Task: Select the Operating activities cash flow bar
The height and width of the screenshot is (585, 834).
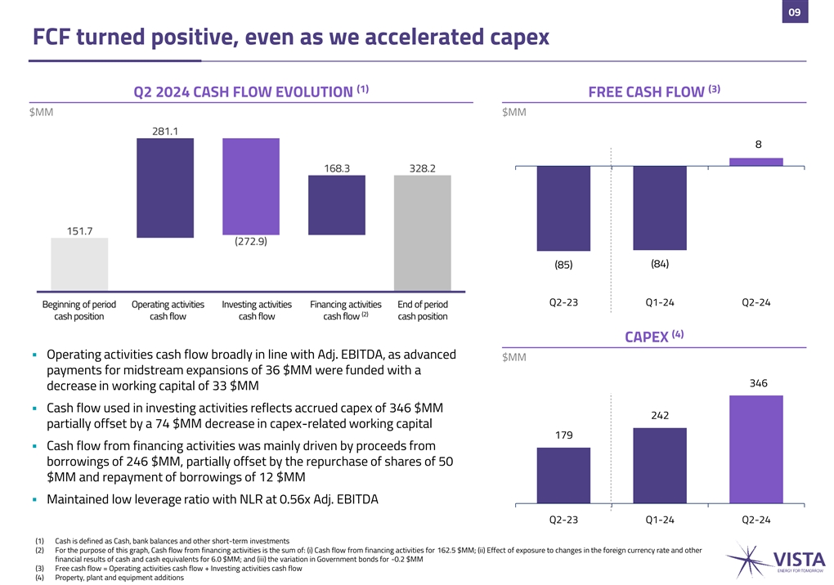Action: coord(164,187)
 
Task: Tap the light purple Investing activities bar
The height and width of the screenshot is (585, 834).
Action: coord(251,187)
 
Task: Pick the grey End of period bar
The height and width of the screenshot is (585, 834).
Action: coord(422,232)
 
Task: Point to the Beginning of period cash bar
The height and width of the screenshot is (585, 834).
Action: coord(78,264)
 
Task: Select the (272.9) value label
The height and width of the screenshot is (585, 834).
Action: coord(251,241)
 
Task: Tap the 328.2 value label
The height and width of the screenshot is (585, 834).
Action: coord(422,167)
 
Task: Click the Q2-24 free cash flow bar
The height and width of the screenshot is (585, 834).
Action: coord(756,162)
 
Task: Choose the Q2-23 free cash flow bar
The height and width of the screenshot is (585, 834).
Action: coord(563,208)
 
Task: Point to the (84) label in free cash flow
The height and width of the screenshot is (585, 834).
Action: coord(660,263)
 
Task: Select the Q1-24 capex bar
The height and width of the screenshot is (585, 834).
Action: coord(660,465)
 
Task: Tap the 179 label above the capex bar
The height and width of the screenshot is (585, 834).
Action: coord(563,435)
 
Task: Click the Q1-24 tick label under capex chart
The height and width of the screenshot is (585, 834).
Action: coord(660,520)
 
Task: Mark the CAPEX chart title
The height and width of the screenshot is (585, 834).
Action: coord(654,336)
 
